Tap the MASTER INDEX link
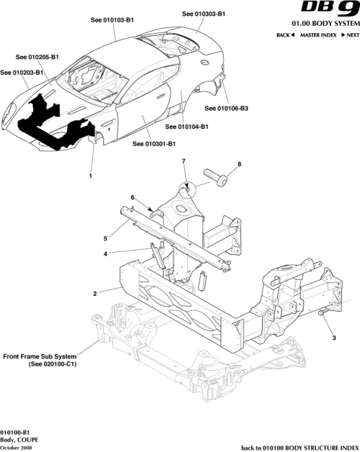pyautogui.click(x=318, y=35)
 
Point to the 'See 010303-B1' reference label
pyautogui.click(x=204, y=14)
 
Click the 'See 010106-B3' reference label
pyautogui.click(x=227, y=109)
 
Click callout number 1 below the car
pyautogui.click(x=91, y=176)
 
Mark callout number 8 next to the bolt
pyautogui.click(x=239, y=164)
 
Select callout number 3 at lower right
pyautogui.click(x=333, y=337)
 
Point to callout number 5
pyautogui.click(x=105, y=238)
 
